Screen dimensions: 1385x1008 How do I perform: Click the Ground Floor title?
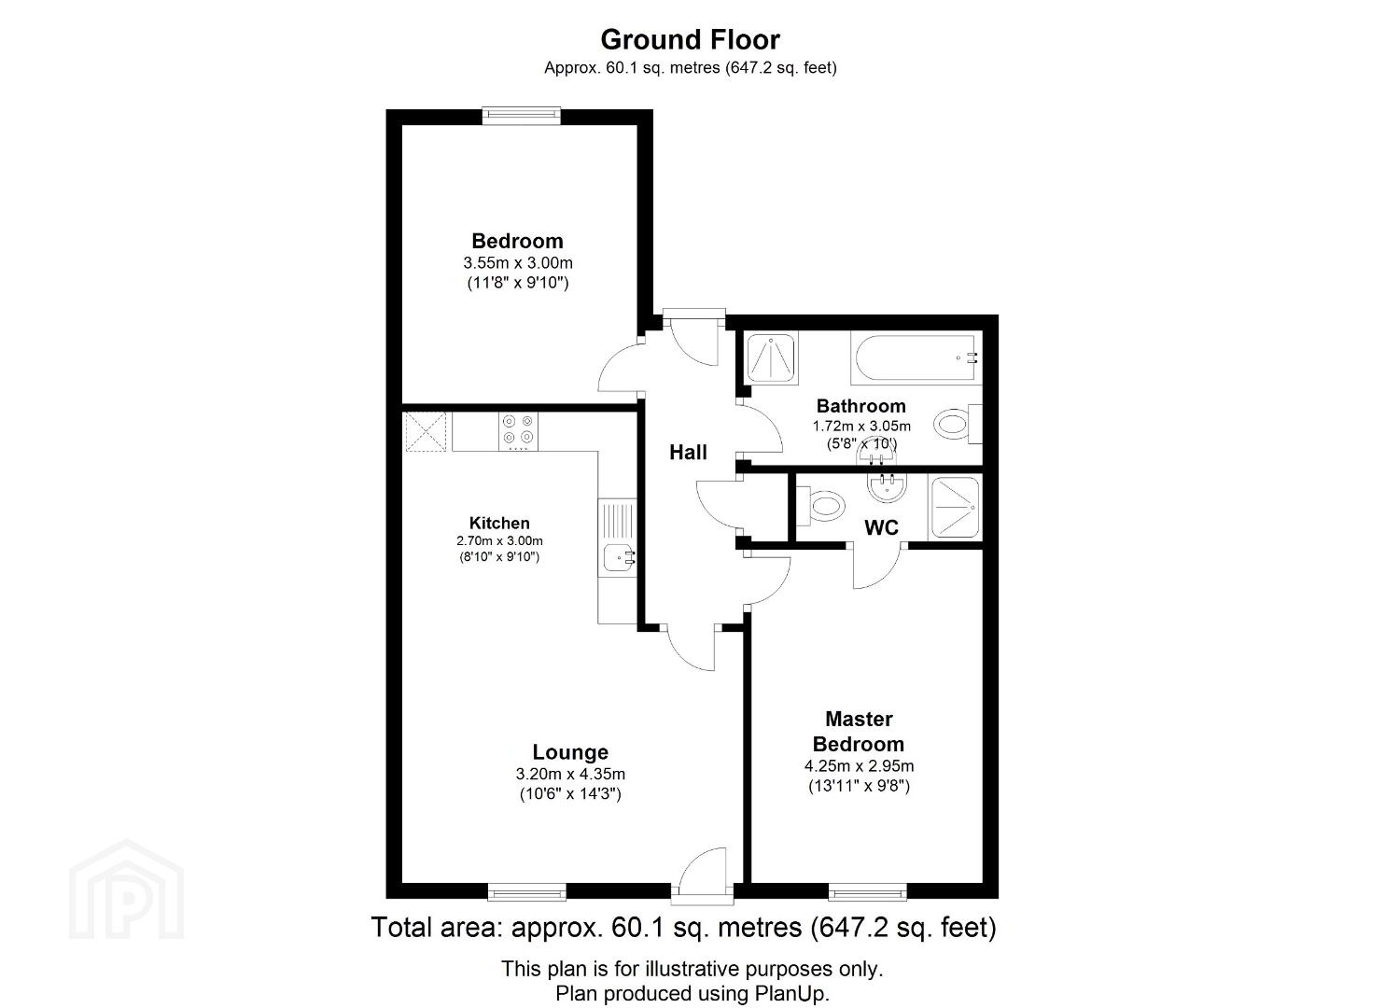click(x=690, y=39)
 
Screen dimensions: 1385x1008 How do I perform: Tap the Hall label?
click(x=688, y=453)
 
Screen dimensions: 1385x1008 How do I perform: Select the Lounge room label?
click(x=570, y=752)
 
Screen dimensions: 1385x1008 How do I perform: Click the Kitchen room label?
click(x=499, y=524)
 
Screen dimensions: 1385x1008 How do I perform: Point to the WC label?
click(x=881, y=527)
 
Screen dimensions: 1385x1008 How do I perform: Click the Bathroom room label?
click(x=860, y=406)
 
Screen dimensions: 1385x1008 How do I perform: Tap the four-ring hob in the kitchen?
click(x=518, y=430)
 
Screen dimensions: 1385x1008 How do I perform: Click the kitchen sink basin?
click(x=617, y=557)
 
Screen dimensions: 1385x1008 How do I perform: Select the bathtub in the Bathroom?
click(x=915, y=357)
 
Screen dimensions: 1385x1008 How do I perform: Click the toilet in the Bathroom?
click(x=958, y=425)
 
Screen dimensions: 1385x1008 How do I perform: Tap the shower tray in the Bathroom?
click(x=771, y=357)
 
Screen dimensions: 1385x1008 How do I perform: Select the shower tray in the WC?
click(x=955, y=508)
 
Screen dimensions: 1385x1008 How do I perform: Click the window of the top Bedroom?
click(x=522, y=115)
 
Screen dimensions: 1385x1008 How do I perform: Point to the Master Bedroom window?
click(x=867, y=892)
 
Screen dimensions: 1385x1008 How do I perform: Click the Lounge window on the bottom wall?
click(x=526, y=892)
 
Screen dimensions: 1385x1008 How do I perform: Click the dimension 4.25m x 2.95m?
click(x=859, y=766)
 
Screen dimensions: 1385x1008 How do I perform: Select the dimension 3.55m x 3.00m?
click(x=518, y=263)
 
